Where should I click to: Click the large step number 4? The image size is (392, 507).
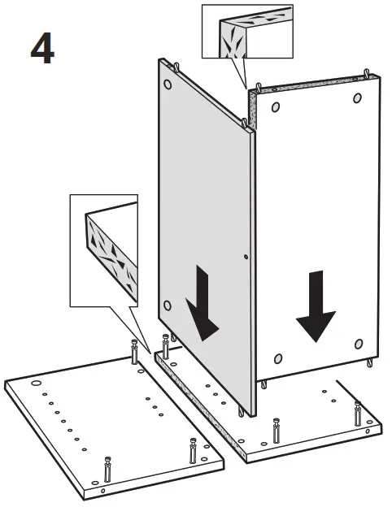(x=42, y=48)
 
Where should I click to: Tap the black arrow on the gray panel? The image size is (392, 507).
(x=203, y=304)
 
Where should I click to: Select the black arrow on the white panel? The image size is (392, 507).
(x=316, y=306)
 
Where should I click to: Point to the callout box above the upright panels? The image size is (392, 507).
(x=247, y=32)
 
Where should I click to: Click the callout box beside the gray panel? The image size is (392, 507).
(x=104, y=250)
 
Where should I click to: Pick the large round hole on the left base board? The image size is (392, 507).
(x=37, y=383)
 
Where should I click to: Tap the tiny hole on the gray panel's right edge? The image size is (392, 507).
(x=246, y=257)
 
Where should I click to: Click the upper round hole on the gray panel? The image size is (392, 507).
(x=168, y=84)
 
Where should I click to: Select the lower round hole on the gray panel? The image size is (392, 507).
(x=168, y=305)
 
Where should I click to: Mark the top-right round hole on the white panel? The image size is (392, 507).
(x=357, y=98)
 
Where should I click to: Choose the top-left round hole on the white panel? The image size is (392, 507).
(x=276, y=107)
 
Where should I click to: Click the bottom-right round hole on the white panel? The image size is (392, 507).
(x=359, y=344)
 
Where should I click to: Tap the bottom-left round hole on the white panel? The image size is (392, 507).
(x=278, y=358)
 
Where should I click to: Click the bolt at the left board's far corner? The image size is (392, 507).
(x=134, y=352)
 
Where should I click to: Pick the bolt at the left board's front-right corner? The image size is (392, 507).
(x=194, y=451)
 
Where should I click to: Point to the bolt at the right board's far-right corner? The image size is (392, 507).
(x=358, y=414)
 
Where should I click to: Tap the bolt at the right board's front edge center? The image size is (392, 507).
(x=277, y=431)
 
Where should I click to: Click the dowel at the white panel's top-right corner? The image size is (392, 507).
(x=367, y=72)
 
